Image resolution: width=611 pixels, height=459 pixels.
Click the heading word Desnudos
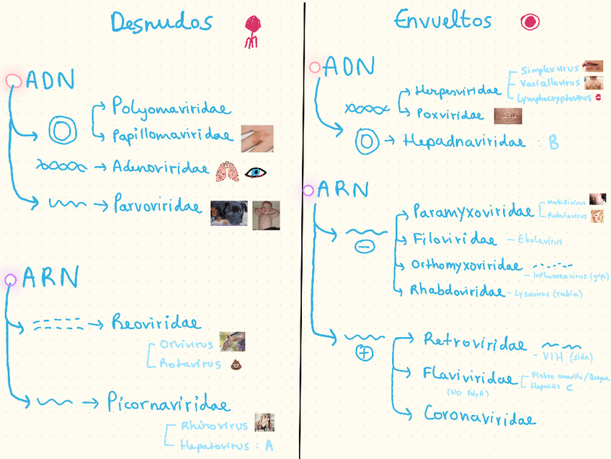click(x=161, y=23)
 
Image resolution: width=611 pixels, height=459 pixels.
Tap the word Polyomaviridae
click(x=171, y=108)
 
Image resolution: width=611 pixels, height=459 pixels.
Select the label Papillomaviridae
click(x=172, y=135)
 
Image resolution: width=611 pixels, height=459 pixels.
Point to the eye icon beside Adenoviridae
click(x=255, y=172)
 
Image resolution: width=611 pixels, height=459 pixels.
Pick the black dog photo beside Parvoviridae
click(x=228, y=213)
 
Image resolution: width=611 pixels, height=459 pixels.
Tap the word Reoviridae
click(x=156, y=322)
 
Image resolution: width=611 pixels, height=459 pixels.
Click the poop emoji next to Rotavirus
click(x=235, y=364)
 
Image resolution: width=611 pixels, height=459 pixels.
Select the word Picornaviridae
click(x=169, y=403)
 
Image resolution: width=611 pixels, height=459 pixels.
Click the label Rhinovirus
click(x=214, y=426)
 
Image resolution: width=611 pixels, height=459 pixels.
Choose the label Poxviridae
click(x=450, y=114)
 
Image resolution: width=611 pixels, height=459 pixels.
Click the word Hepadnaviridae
click(x=464, y=141)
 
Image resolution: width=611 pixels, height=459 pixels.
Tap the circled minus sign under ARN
click(x=365, y=247)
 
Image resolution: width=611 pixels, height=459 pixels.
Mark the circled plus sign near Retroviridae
click(x=365, y=354)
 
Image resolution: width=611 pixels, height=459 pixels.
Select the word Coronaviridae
click(x=479, y=416)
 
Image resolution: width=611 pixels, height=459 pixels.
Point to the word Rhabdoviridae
click(x=456, y=291)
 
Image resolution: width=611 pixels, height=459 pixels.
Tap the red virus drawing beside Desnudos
click(x=251, y=31)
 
